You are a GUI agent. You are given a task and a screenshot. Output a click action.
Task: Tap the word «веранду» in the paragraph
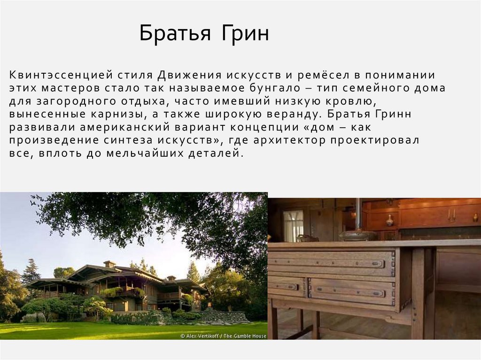pos(292,115)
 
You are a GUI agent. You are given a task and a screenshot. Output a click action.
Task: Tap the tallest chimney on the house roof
pos(109,264)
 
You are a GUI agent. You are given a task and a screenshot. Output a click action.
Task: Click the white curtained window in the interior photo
pos(293,225)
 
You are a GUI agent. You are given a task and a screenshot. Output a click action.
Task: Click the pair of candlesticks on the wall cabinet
pos(451,216)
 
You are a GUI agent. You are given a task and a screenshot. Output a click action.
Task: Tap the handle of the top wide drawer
pos(377,264)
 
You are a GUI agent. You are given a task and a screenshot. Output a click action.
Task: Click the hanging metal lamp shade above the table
pos(358,235)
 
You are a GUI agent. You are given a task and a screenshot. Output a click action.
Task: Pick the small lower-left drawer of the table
pos(287,285)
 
